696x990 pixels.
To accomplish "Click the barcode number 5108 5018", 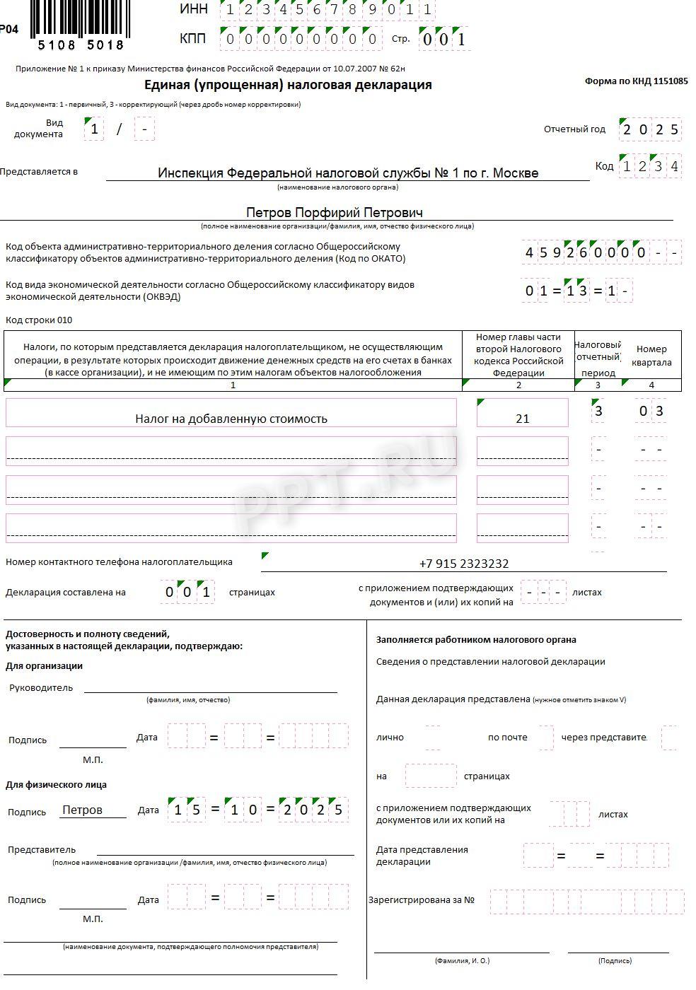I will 81,45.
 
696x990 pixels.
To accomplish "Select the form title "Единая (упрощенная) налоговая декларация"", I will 288,85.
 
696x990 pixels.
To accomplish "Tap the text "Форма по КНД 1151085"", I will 636,81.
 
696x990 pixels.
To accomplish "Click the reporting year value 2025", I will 651,129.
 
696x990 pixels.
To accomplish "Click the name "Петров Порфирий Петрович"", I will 335,212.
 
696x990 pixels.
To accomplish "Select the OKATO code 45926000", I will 586,252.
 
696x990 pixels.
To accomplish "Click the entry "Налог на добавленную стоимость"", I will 231,419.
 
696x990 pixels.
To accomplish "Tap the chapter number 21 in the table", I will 522,419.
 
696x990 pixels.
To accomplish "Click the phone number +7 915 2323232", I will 464,564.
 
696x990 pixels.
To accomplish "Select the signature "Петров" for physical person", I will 83,810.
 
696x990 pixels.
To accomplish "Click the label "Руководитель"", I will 41,687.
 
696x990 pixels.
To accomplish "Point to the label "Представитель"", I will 42,849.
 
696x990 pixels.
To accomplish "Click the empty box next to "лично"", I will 433,738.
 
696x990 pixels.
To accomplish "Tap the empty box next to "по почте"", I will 545,738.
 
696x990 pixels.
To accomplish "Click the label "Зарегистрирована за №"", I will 422,900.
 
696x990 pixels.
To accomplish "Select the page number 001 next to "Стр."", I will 443,40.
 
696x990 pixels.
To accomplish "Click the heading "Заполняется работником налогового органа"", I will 476,640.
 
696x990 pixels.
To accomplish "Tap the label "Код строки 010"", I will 39,320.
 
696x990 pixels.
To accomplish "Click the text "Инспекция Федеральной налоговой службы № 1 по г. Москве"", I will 348,173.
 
